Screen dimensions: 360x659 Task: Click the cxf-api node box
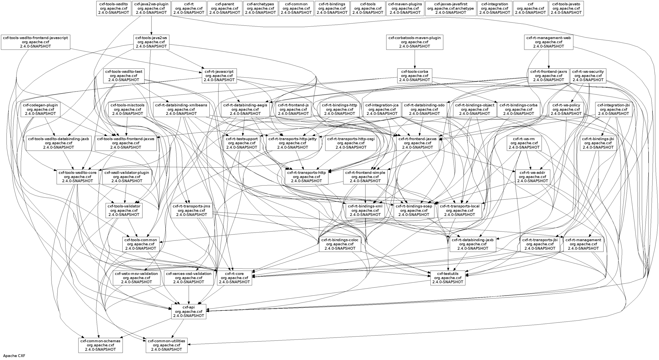click(x=188, y=311)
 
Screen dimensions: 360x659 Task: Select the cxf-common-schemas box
click(x=101, y=345)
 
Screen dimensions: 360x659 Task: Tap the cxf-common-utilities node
click(x=166, y=345)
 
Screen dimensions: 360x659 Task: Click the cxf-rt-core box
click(x=234, y=278)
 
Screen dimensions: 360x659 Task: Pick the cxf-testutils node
click(x=448, y=278)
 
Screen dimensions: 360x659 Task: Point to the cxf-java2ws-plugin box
click(x=151, y=8)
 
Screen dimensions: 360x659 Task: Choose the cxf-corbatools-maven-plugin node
click(x=414, y=42)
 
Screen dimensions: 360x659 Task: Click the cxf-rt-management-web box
click(x=549, y=42)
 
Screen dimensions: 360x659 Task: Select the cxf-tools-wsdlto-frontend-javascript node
click(x=35, y=42)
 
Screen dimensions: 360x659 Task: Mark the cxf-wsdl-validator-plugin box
click(x=127, y=177)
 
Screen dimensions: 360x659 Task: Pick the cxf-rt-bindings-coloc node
click(x=340, y=244)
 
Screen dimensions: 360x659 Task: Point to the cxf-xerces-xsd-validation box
click(x=189, y=278)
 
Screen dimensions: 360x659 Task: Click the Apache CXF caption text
click(x=14, y=356)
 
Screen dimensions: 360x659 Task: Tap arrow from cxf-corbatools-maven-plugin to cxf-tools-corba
click(x=414, y=59)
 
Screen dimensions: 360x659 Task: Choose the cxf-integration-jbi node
click(x=613, y=109)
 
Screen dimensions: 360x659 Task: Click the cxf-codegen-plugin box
click(x=40, y=109)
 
